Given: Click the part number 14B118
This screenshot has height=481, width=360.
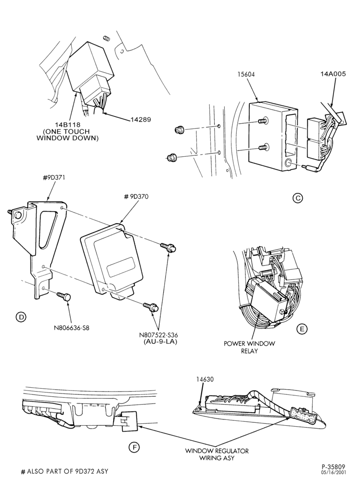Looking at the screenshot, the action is point(67,125).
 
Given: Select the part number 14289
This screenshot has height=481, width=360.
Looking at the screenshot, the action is point(140,120).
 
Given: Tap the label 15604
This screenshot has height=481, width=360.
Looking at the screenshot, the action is point(246,74).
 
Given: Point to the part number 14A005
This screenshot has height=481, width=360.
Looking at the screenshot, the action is point(334,74).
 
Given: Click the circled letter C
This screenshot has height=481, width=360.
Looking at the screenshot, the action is point(297,198).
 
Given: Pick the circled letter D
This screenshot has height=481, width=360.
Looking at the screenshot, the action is point(21,317).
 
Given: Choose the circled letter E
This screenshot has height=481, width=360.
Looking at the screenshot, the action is point(302,329).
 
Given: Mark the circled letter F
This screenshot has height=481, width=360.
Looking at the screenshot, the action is point(134,447).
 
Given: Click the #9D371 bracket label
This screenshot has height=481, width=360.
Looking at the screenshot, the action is point(55,177).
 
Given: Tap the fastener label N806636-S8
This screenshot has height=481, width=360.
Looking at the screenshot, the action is point(72,327).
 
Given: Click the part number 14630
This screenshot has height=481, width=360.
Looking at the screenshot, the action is point(205,380).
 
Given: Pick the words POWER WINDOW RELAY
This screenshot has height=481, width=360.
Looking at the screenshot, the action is point(249,347).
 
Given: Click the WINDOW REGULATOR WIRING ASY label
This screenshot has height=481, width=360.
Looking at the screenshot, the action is point(217,454).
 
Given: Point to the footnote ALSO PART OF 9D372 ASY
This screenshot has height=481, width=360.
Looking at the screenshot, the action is point(64,471).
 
